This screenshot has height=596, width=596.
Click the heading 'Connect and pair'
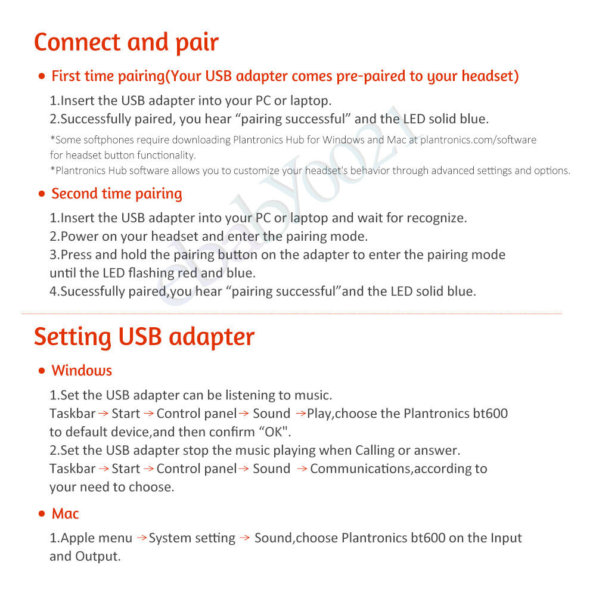(126, 43)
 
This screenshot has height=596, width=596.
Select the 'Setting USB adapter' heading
(144, 337)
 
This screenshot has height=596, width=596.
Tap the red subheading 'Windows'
(82, 371)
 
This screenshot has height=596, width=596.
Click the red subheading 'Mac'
(65, 514)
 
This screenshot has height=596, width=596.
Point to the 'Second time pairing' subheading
(117, 194)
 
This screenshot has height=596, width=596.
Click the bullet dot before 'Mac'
(41, 514)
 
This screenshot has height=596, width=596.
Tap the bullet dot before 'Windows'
(41, 371)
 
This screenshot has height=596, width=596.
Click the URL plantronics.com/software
(478, 140)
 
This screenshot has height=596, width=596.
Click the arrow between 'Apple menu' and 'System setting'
(141, 538)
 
